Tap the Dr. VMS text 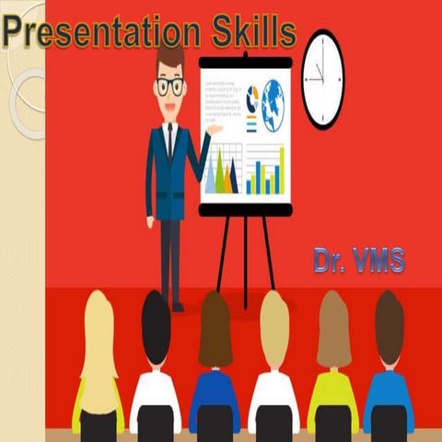tap(358, 260)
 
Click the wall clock tap(322, 78)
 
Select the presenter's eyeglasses tap(169, 87)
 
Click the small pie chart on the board tap(252, 96)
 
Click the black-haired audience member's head tap(156, 327)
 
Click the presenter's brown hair tap(169, 57)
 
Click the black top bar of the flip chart tap(245, 62)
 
